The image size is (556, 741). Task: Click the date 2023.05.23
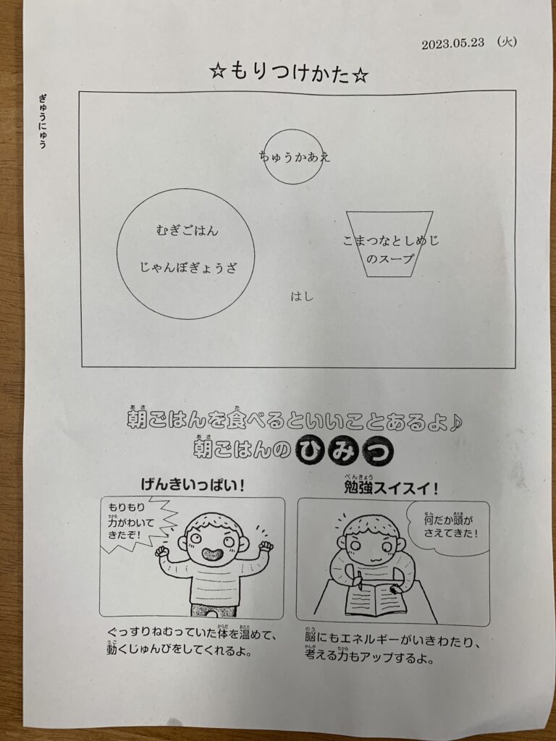pos(453,43)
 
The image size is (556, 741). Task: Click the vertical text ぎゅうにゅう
pos(43,122)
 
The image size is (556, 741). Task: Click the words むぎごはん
pos(188,231)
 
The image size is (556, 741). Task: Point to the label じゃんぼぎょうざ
pos(188,268)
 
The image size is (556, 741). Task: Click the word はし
pos(302,297)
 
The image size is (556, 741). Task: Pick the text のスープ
pos(390,258)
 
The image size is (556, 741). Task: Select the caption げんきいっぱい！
pos(193,485)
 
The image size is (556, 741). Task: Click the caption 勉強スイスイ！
pos(391,488)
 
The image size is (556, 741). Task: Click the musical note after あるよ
pos(455,423)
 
